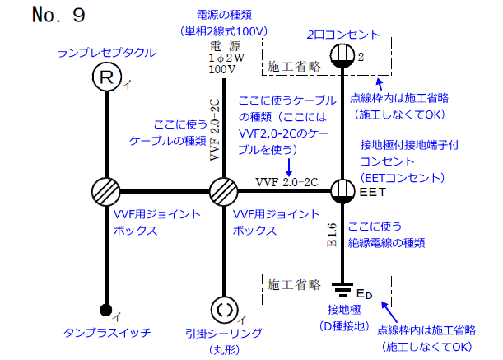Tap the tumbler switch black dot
point(107,310)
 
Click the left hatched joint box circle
point(107,192)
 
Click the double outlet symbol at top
point(342,55)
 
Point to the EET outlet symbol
point(342,191)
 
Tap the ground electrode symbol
point(342,290)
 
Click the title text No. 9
point(58,15)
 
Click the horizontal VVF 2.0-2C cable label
point(286,181)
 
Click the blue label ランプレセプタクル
point(105,52)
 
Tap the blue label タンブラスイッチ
point(107,333)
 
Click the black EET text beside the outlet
point(371,192)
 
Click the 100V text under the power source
point(222,70)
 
